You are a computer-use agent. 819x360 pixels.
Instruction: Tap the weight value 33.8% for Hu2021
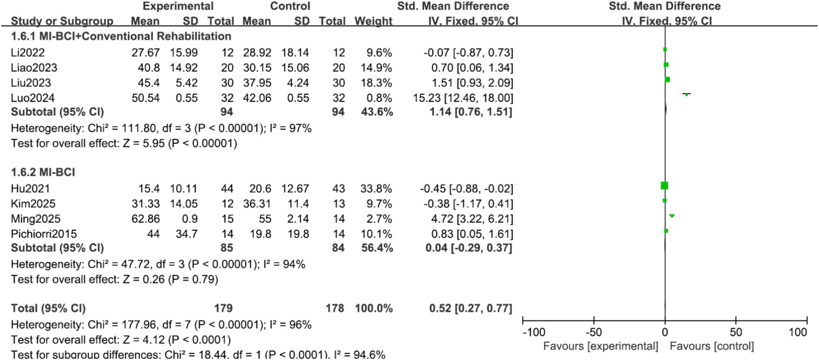379,188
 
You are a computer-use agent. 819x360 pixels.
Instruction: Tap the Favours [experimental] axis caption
600,347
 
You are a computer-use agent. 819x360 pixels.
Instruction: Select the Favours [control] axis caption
712,347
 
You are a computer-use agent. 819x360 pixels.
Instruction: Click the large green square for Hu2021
664,186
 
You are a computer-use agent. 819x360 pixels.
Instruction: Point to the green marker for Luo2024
687,94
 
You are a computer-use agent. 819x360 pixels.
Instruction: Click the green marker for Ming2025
672,215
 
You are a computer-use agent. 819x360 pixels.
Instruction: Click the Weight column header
376,21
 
